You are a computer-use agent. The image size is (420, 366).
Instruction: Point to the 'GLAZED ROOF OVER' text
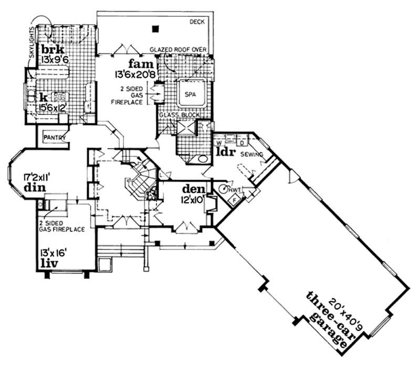(x=178, y=49)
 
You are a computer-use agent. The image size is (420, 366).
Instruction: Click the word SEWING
(x=251, y=155)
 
